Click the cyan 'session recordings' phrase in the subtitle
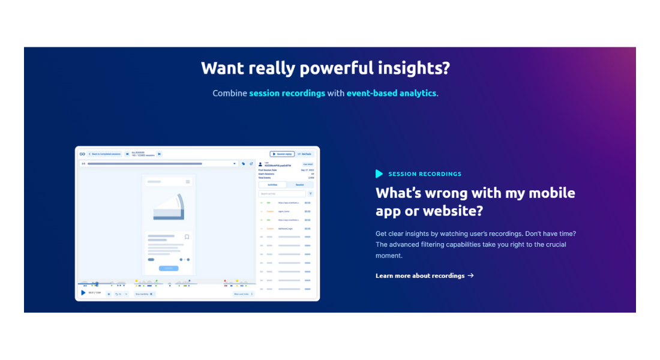(x=287, y=94)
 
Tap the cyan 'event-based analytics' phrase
(x=391, y=94)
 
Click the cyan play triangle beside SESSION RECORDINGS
(x=379, y=174)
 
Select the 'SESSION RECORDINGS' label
(x=425, y=174)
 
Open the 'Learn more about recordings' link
(x=420, y=276)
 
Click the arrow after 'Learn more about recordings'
(x=471, y=276)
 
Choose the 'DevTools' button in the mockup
(x=305, y=154)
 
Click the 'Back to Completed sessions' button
(x=105, y=154)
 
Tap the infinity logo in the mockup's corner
(x=82, y=154)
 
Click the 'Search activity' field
(x=282, y=194)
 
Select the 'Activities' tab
(x=272, y=185)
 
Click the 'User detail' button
(x=307, y=164)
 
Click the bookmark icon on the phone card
(x=187, y=237)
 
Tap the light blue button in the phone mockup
(x=169, y=268)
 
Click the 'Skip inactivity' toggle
(x=144, y=294)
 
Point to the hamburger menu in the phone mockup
(x=188, y=181)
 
